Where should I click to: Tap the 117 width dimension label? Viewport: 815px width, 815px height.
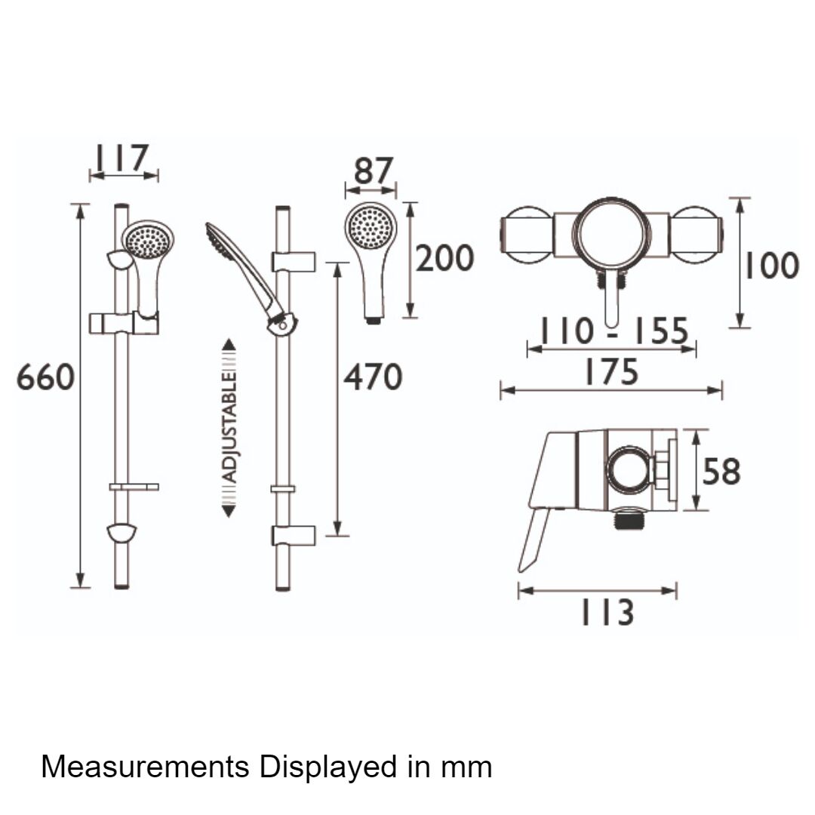coord(121,158)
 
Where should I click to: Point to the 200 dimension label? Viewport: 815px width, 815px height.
coord(445,258)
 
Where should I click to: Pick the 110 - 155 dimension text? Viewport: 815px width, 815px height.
coord(614,331)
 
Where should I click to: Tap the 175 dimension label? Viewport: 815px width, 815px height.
coord(612,371)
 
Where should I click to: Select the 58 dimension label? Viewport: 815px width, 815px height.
coord(721,472)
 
